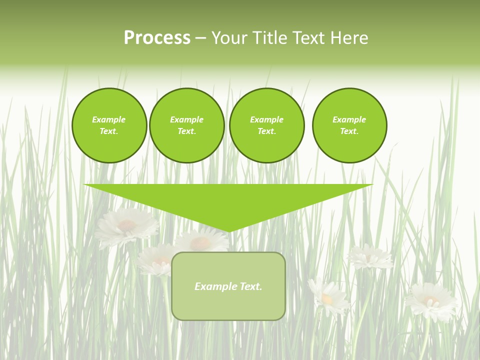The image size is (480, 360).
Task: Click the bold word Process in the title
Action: click(x=157, y=38)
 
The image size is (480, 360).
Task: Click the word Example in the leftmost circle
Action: click(x=108, y=119)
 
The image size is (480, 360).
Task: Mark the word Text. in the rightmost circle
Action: click(x=349, y=131)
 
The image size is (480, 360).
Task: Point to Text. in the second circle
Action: click(x=186, y=131)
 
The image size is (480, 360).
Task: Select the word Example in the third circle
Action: click(x=266, y=119)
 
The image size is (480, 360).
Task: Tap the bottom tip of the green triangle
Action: click(x=228, y=230)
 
